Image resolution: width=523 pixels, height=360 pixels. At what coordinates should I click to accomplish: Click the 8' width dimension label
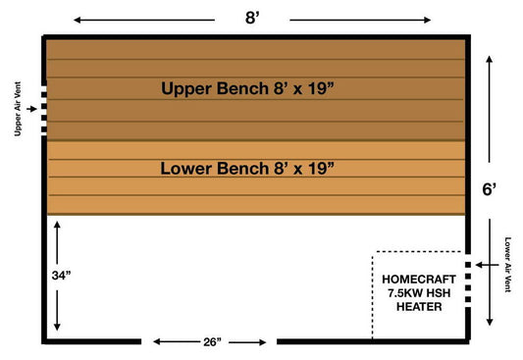[254, 17]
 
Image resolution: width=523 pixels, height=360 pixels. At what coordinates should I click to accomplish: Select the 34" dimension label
[61, 277]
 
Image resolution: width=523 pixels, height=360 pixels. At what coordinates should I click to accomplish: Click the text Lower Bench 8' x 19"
[247, 168]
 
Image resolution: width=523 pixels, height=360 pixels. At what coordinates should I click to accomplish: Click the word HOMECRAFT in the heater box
[417, 279]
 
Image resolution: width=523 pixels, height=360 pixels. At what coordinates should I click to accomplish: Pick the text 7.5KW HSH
[417, 293]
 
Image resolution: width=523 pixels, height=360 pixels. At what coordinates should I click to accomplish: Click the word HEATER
[417, 307]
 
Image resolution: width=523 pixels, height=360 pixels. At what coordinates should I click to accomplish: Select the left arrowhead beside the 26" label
[155, 342]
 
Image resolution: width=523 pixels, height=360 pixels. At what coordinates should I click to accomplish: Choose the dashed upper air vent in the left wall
[43, 109]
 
